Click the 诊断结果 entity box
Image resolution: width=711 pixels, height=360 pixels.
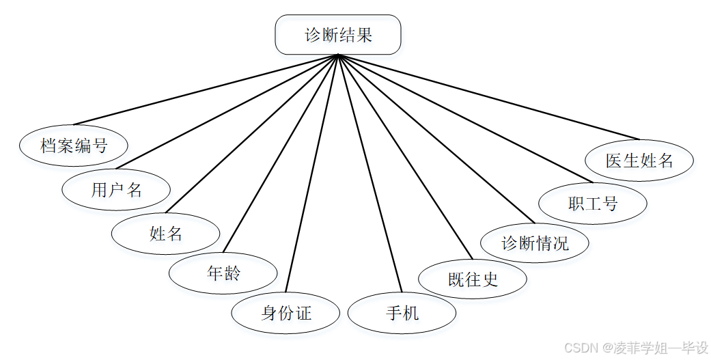point(337,35)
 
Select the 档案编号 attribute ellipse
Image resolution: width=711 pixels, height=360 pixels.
point(74,146)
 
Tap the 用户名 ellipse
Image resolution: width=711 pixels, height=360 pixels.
point(116,189)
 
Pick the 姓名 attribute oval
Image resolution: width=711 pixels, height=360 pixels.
point(166,234)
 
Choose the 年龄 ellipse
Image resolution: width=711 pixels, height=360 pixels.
point(223,274)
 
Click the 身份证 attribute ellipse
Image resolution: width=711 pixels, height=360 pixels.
point(285,314)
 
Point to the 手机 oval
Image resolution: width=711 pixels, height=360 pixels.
point(402,314)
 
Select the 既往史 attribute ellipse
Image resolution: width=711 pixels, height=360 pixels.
point(473,279)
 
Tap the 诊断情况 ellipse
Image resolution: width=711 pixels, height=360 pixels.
point(535,243)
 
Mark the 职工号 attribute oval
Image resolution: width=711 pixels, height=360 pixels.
point(592,203)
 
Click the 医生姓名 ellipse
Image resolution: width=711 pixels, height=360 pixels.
point(639,161)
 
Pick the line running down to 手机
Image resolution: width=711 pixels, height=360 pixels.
point(369,175)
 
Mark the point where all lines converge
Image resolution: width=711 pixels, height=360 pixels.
point(337,56)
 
